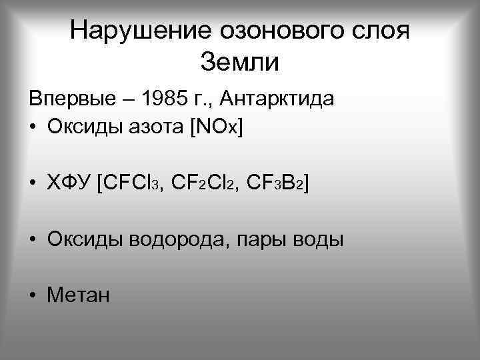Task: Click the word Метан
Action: click(x=78, y=294)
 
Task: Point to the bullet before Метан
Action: click(x=33, y=295)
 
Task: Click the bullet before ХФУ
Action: click(x=33, y=183)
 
